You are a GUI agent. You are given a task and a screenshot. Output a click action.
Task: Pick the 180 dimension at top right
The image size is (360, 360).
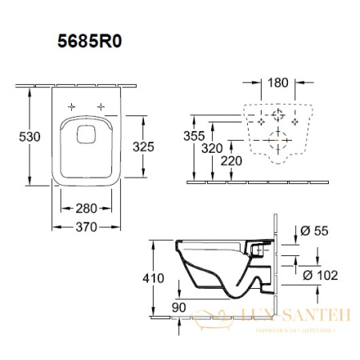[278, 83]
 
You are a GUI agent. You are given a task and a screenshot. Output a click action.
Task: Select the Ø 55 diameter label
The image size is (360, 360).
[318, 231]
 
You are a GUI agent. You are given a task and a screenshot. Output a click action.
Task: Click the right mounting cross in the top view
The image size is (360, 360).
[102, 106]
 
